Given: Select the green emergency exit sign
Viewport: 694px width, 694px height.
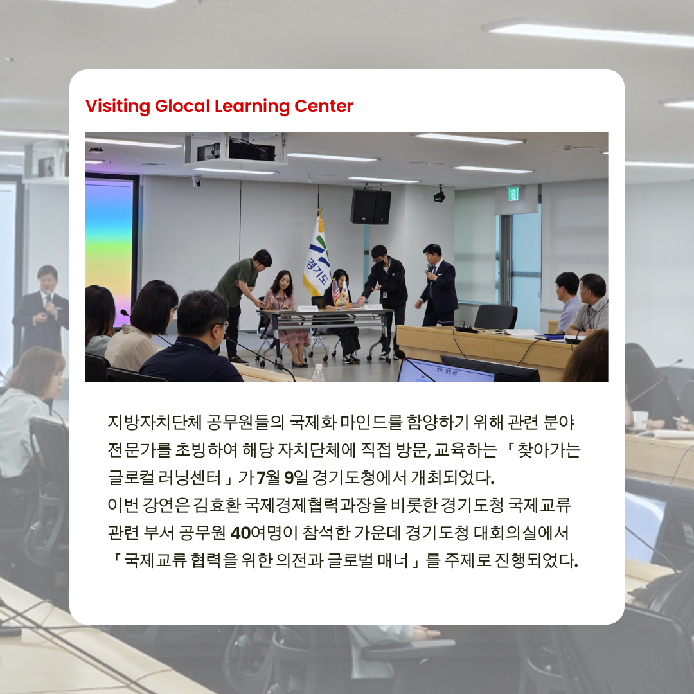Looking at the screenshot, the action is [513, 193].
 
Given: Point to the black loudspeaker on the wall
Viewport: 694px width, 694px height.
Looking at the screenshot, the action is [371, 206].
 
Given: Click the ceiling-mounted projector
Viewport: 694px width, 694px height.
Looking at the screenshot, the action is [236, 148].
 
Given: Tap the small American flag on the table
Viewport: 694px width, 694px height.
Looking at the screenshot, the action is [336, 292].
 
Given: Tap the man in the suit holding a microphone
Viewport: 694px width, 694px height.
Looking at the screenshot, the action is [438, 285].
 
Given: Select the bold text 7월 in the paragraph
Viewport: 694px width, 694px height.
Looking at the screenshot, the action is [268, 477].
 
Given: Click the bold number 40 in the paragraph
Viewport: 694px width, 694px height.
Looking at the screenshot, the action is [240, 533].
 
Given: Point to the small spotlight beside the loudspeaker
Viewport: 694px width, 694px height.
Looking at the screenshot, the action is [439, 195].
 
